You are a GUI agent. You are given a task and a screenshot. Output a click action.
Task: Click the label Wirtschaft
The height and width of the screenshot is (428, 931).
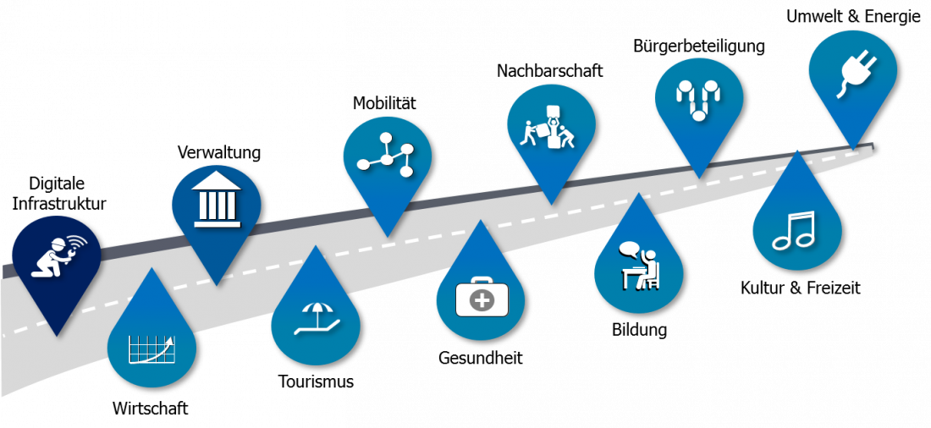click(150, 409)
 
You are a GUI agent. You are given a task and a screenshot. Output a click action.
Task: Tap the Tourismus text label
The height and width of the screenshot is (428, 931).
click(316, 381)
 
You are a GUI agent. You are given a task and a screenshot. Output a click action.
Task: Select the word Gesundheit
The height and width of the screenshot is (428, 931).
click(481, 358)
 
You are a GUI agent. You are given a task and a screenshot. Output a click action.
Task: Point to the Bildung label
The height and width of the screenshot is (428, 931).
click(640, 330)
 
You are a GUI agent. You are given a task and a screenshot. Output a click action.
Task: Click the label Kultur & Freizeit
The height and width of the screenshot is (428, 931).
click(801, 288)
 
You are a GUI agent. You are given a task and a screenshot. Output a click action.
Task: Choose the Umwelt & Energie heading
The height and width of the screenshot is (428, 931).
click(853, 17)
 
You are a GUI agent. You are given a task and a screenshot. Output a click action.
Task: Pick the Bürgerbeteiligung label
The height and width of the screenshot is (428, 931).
click(699, 47)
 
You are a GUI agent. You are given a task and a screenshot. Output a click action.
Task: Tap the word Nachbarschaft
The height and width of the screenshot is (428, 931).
click(550, 71)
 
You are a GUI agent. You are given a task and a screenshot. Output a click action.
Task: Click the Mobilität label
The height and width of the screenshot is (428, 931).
click(385, 103)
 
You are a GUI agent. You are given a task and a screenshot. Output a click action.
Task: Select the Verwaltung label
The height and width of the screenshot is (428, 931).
click(219, 152)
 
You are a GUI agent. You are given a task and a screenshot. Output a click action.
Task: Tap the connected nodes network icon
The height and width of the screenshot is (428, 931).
click(387, 155)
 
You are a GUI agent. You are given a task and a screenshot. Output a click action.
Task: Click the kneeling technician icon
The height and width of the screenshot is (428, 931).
click(58, 258)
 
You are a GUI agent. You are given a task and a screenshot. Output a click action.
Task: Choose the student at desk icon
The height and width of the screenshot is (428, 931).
click(639, 266)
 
